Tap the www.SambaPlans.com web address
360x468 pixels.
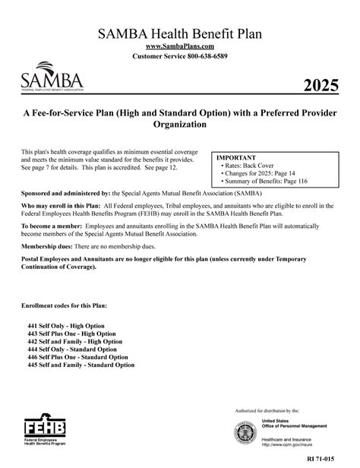point(179,46)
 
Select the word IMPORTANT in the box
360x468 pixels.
point(236,157)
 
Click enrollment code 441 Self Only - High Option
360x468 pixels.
point(70,324)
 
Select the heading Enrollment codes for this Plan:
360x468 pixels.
point(65,305)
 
